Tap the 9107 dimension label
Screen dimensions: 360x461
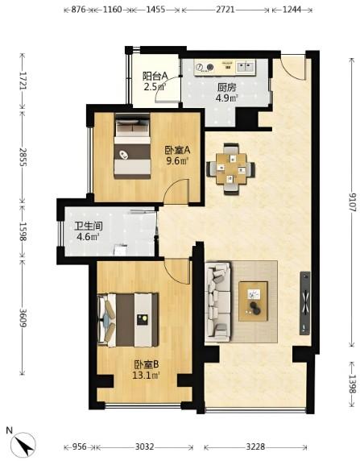tap(352, 202)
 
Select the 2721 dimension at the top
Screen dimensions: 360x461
tap(226, 10)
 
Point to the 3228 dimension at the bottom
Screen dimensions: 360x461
tap(255, 447)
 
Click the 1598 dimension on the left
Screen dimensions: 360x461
tap(23, 231)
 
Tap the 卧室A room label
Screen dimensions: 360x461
tap(177, 150)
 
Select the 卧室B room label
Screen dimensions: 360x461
tap(146, 364)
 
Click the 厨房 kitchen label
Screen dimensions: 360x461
tap(226, 87)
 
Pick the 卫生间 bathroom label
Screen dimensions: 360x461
tap(88, 226)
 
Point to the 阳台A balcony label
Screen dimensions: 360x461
tap(155, 76)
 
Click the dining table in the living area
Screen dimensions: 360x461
tap(230, 169)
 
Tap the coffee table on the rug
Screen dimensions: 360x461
tap(254, 301)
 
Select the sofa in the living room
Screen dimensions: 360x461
tap(217, 302)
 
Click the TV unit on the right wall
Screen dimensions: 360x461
tap(305, 303)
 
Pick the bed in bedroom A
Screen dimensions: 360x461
tap(132, 146)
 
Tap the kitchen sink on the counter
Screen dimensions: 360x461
tap(246, 67)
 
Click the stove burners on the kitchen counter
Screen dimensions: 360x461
tap(205, 68)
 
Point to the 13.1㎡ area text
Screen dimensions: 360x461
tap(146, 376)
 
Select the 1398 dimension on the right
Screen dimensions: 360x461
tap(352, 384)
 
